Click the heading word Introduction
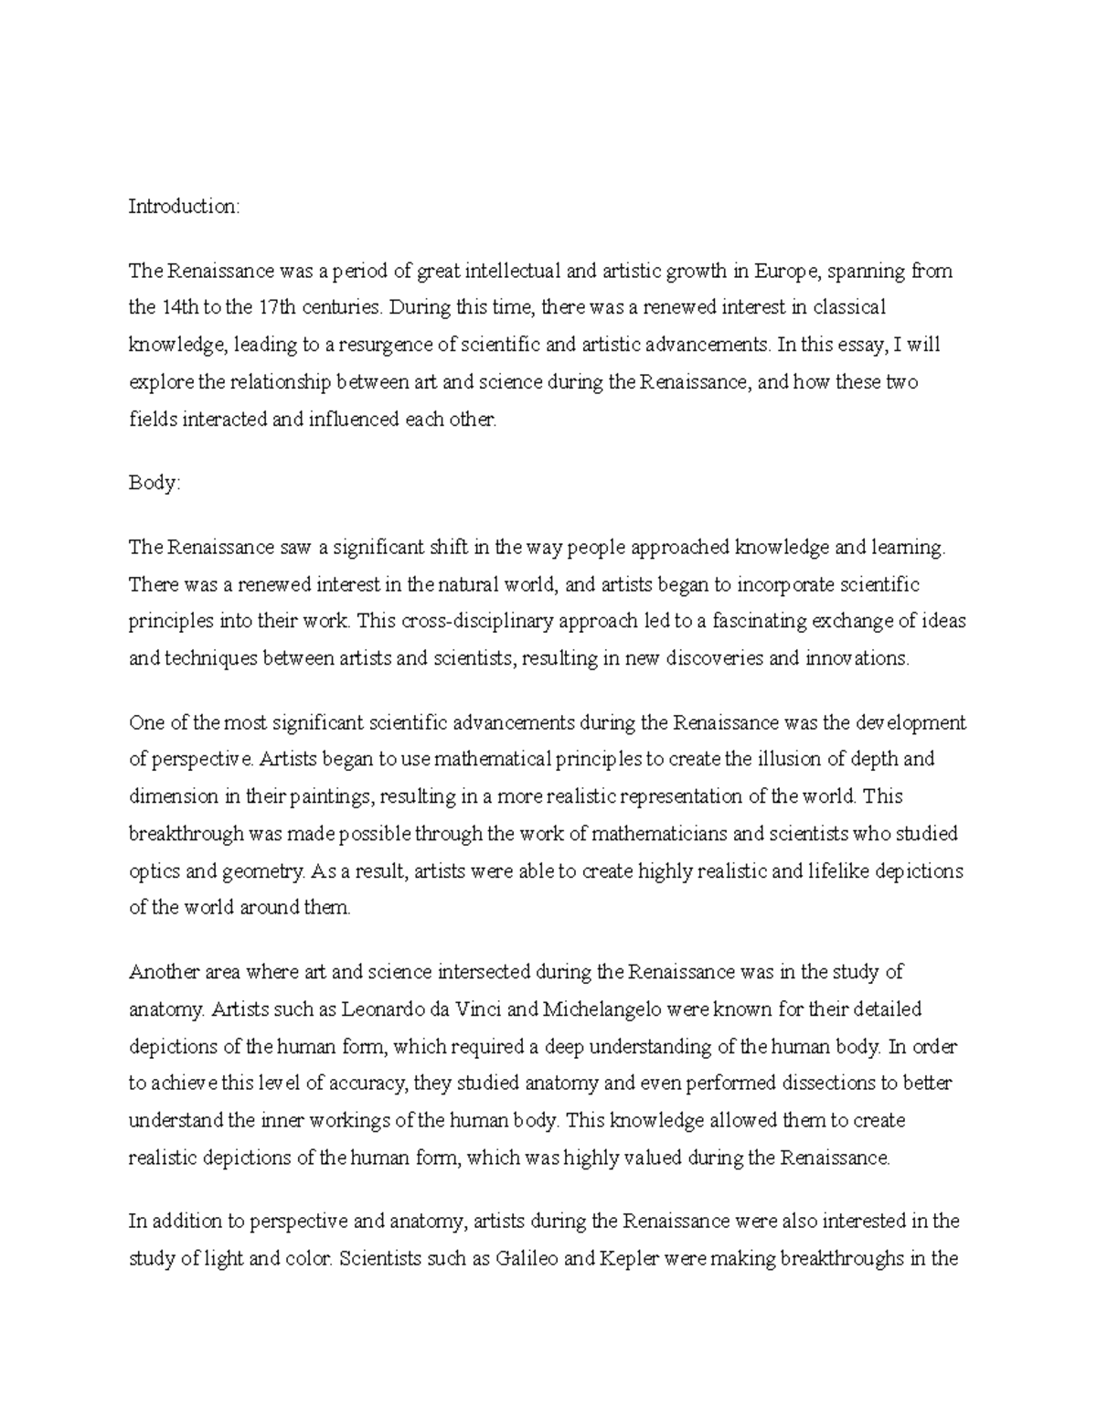click(x=183, y=207)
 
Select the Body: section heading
click(x=154, y=483)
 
